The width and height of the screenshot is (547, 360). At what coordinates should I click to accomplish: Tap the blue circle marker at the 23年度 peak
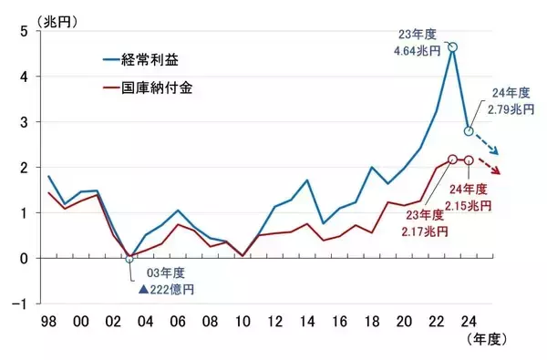coord(452,46)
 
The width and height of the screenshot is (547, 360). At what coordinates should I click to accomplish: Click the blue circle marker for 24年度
coord(469,131)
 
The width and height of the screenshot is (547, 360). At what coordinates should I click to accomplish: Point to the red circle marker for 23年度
coord(452,159)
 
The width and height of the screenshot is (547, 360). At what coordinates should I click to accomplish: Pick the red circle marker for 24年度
coord(469,160)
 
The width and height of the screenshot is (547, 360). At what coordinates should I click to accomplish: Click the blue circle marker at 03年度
coord(129,258)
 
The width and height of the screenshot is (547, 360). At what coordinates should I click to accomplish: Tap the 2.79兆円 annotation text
coord(505,108)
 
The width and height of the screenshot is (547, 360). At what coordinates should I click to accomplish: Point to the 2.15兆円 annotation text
coord(470,206)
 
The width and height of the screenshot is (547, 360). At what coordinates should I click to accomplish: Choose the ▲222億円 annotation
coord(166,290)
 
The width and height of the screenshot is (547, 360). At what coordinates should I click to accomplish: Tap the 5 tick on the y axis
coord(24,32)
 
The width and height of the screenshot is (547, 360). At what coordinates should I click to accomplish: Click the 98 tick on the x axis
coord(47,322)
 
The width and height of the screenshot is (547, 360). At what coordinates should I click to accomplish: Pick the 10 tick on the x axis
coord(242,322)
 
